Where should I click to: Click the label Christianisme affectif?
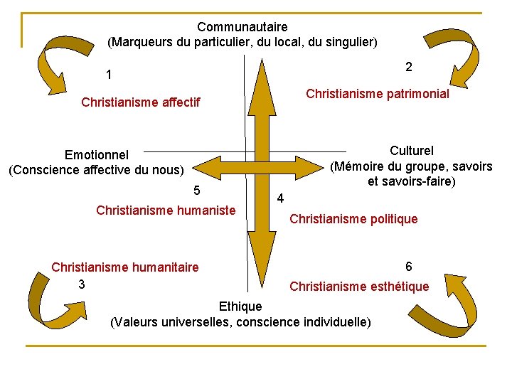tap(141, 102)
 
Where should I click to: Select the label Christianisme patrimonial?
tap(377, 94)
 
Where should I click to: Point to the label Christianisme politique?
tap(353, 219)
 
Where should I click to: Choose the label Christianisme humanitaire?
tap(125, 267)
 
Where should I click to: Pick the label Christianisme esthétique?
tap(359, 286)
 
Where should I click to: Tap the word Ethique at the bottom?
tap(240, 306)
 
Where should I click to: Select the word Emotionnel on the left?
tap(97, 155)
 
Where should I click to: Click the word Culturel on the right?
tap(412, 151)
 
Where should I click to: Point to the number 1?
tap(108, 75)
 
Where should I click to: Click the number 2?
tap(409, 67)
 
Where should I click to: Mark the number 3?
tap(82, 284)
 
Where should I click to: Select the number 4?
tap(280, 198)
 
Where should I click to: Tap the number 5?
tap(197, 190)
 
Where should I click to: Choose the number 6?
tap(409, 266)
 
